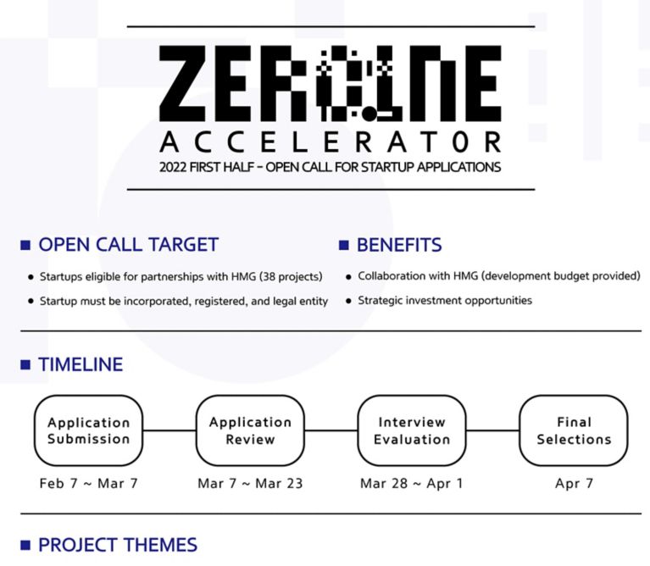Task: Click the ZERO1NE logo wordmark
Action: pos(331,83)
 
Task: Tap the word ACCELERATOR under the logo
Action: pos(331,142)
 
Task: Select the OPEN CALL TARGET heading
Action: pos(129,245)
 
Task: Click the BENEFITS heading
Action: pos(399,245)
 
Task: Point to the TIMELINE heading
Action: pos(81,364)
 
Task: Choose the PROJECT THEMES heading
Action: pos(118,545)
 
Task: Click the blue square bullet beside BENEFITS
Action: pos(344,245)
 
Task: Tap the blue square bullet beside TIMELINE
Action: pos(25,364)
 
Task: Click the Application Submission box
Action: pos(88,430)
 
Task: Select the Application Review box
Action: pos(250,430)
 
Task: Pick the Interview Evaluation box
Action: pos(412,430)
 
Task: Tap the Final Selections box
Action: pos(574,430)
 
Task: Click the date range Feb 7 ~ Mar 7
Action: pos(88,483)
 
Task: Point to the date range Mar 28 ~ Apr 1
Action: pos(411,483)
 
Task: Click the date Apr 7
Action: pos(574,483)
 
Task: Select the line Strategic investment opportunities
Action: pos(445,301)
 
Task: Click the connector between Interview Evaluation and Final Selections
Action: pos(493,430)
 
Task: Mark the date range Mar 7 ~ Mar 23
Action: pos(250,483)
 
